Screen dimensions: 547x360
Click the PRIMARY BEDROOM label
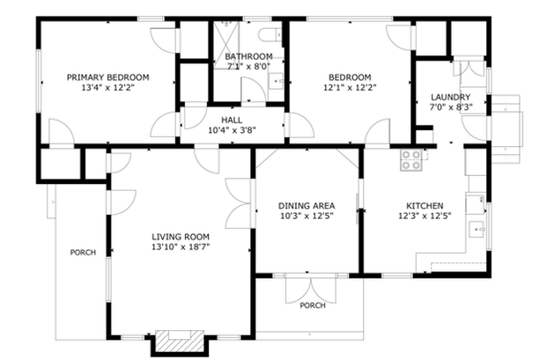point(107,77)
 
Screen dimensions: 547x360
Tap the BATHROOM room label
point(248,56)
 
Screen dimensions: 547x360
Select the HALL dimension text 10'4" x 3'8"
point(232,130)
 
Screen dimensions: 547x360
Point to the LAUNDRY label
point(450,97)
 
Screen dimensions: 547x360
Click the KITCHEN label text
point(425,206)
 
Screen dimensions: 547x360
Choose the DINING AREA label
point(307,206)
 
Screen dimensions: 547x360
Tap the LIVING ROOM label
point(181,237)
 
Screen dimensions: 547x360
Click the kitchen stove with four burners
point(411,159)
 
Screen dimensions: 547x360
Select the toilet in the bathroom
point(270,35)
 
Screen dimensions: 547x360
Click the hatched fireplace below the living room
point(180,341)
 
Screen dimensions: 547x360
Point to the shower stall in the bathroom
point(226,45)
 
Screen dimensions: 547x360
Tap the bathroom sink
point(277,82)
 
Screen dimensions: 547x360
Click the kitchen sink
point(477,229)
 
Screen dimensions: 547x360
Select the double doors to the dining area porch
point(311,289)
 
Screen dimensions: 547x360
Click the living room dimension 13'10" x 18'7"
point(181,247)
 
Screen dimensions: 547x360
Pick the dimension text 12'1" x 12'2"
point(350,87)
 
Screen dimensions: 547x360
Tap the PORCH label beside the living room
point(83,253)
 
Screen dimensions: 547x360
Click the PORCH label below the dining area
point(313,305)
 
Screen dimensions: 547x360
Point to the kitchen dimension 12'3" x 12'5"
point(425,216)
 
